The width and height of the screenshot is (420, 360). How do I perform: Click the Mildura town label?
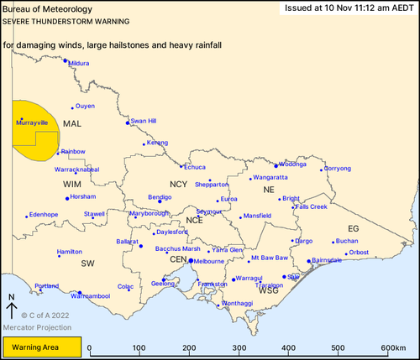pyautogui.click(x=79, y=63)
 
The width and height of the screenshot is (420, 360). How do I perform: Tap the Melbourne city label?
pyautogui.click(x=210, y=261)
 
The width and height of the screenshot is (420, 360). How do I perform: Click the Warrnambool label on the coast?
pyautogui.click(x=91, y=296)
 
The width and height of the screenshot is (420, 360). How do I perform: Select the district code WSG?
pyautogui.click(x=269, y=290)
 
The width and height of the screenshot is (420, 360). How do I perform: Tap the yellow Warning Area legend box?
pyautogui.click(x=42, y=347)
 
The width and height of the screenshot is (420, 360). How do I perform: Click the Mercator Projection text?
pyautogui.click(x=35, y=326)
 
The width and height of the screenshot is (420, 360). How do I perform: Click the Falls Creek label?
pyautogui.click(x=312, y=206)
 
